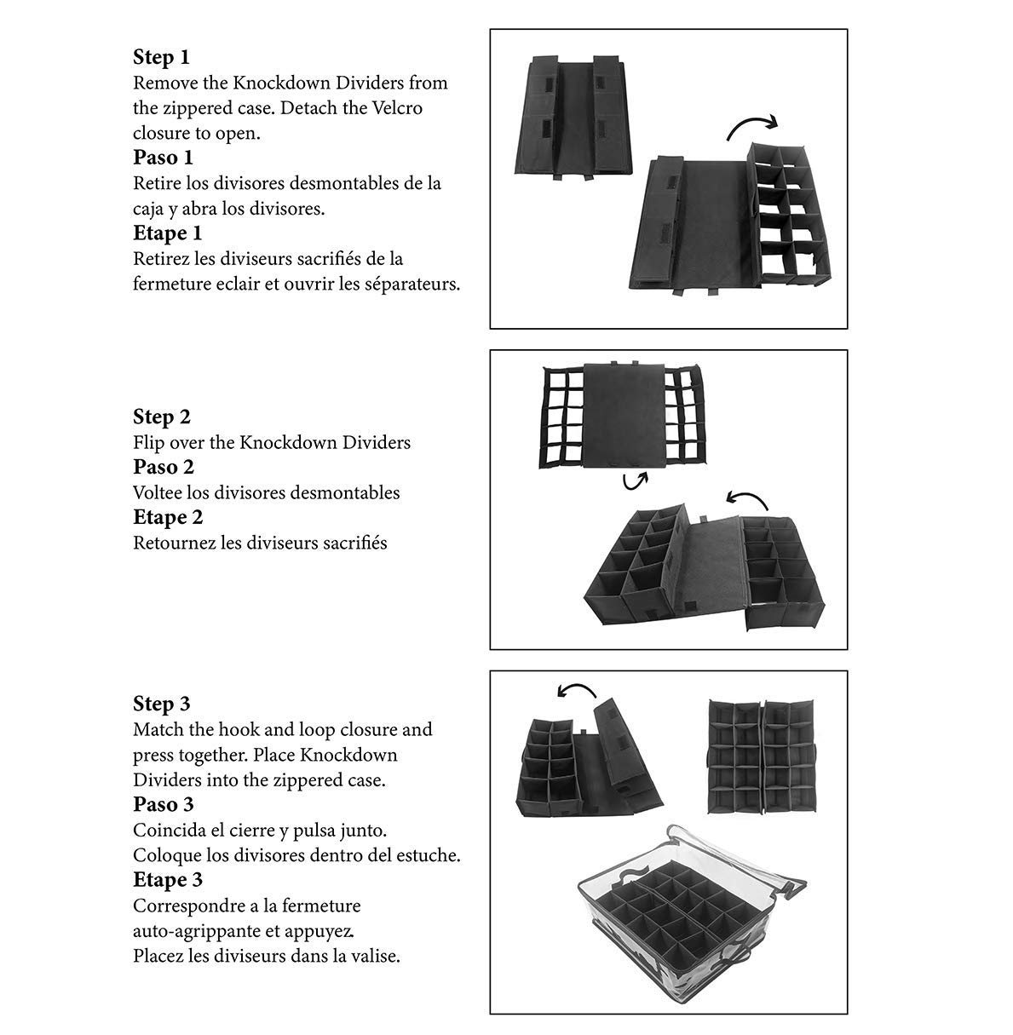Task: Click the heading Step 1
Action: pos(161,58)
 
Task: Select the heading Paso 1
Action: pos(163,158)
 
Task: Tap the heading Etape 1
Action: pos(167,233)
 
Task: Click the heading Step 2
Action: pos(161,417)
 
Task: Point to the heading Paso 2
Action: pos(163,467)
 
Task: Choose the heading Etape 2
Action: pos(167,517)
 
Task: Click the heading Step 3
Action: pos(161,704)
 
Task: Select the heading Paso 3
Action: pos(163,804)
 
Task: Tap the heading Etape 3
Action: pos(167,879)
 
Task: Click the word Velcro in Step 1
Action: pos(395,108)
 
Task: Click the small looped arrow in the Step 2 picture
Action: pos(634,482)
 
